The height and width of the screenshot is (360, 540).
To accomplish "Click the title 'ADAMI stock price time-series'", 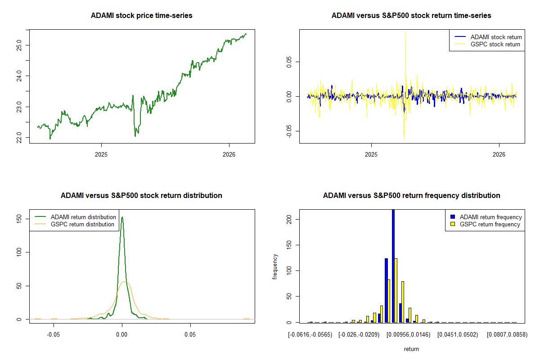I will pyautogui.click(x=141, y=16).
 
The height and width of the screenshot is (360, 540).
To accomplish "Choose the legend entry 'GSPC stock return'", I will pyautogui.click(x=495, y=44).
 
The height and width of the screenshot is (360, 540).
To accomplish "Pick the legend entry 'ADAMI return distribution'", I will pyautogui.click(x=83, y=217).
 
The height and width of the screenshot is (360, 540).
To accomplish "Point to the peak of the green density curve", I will pyautogui.click(x=122, y=217).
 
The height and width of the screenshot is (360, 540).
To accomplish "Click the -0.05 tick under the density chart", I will pyautogui.click(x=54, y=335).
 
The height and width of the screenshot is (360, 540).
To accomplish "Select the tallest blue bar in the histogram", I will pyautogui.click(x=393, y=265).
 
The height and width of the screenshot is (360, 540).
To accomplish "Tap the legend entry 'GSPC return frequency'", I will pyautogui.click(x=490, y=224).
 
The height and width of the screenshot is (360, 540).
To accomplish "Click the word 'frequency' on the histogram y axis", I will pyautogui.click(x=275, y=267).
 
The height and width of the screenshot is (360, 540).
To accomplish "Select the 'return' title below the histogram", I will pyautogui.click(x=411, y=349).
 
